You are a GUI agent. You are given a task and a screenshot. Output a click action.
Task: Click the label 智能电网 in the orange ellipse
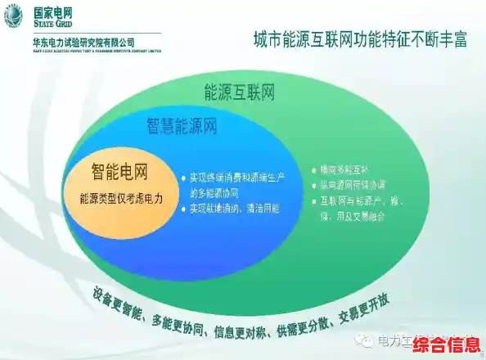[x=119, y=172]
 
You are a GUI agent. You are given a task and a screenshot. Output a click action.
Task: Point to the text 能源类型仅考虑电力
[x=121, y=198]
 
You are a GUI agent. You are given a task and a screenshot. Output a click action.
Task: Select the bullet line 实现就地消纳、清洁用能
[x=235, y=209]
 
